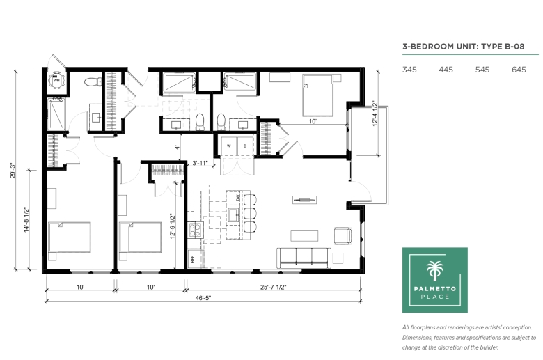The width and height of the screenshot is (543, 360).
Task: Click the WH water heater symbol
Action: [56, 81]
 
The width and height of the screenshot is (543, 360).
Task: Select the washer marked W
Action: [228, 146]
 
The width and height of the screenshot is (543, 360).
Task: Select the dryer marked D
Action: [245, 146]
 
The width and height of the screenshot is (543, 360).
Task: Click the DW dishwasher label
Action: [238, 198]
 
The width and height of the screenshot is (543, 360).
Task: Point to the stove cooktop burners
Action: [196, 230]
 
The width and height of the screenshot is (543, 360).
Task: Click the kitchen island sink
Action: [234, 215]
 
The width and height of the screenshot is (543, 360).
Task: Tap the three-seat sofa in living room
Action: [304, 258]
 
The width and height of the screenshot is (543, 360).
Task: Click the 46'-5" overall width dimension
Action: [203, 298]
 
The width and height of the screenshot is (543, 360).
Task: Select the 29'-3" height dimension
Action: [13, 171]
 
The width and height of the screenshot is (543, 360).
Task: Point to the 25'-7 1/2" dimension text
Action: [273, 288]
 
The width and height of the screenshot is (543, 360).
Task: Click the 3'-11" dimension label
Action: [200, 163]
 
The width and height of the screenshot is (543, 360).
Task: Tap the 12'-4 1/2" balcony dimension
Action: [375, 114]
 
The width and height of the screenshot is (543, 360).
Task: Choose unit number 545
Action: [482, 70]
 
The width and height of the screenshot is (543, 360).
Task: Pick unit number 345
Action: [409, 70]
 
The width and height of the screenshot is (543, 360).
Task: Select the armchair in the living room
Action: [343, 235]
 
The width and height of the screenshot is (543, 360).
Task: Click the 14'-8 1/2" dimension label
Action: [27, 219]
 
